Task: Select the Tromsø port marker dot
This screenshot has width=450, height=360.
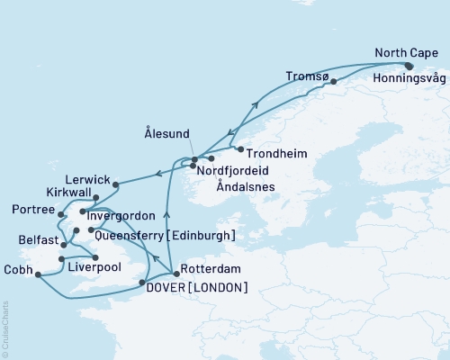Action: (333, 83)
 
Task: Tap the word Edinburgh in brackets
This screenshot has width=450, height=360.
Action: (205, 235)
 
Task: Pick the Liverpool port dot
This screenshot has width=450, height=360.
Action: (95, 258)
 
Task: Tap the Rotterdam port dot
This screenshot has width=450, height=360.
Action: (175, 273)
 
